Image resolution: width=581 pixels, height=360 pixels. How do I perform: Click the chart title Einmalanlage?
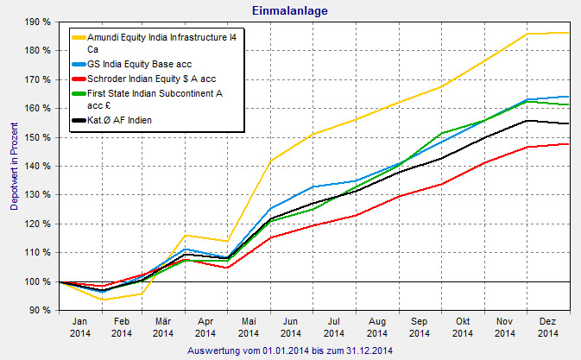[290, 10]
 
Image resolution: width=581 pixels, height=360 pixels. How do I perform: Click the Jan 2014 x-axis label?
[78, 325]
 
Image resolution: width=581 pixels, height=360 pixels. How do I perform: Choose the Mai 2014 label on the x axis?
[248, 325]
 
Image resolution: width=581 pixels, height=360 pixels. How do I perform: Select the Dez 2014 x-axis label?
[547, 325]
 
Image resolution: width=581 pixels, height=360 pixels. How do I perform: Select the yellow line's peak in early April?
[185, 235]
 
